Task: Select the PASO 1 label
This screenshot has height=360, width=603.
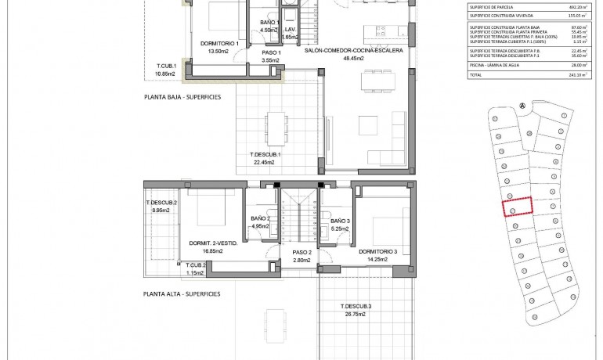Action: [272, 52]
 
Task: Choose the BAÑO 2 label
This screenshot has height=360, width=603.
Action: [260, 218]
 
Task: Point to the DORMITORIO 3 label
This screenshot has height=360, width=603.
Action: [379, 251]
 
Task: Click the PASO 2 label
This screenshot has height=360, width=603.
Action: [302, 252]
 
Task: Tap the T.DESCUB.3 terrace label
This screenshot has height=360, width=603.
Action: [356, 305]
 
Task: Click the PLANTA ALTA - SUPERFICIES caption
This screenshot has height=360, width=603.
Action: [182, 294]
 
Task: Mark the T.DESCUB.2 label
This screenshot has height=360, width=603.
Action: [161, 203]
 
